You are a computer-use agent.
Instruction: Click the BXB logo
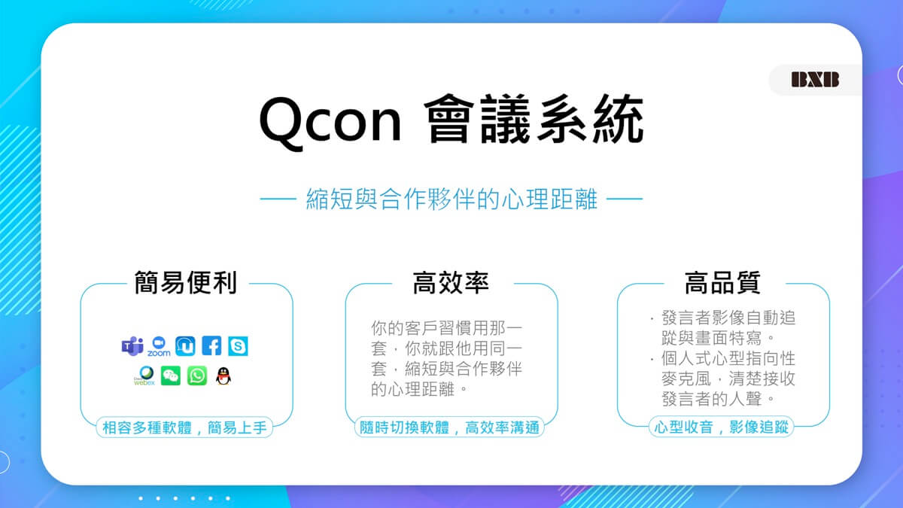(x=815, y=80)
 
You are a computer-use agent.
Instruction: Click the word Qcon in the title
(x=330, y=121)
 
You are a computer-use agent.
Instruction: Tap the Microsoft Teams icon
(x=132, y=346)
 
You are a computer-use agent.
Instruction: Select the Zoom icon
(x=159, y=346)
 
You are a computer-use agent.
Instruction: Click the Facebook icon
(x=211, y=345)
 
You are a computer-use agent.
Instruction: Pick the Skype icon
(x=238, y=346)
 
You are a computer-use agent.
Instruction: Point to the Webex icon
(x=144, y=376)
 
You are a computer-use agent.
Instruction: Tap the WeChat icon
(x=171, y=376)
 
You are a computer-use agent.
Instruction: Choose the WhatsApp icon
(x=197, y=376)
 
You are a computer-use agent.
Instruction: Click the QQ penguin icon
(x=223, y=376)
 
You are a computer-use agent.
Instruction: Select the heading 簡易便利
(x=185, y=283)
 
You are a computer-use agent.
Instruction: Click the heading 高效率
(x=451, y=283)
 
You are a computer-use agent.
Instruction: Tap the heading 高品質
(x=722, y=283)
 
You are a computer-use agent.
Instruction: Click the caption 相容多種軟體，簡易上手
(x=184, y=427)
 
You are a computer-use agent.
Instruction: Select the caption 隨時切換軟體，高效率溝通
(x=449, y=427)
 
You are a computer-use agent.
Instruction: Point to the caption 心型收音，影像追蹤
(x=721, y=427)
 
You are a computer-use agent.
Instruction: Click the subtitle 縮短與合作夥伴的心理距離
(x=451, y=199)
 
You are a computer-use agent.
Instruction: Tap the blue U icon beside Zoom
(x=185, y=346)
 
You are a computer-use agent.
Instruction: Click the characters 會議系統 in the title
(x=534, y=119)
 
